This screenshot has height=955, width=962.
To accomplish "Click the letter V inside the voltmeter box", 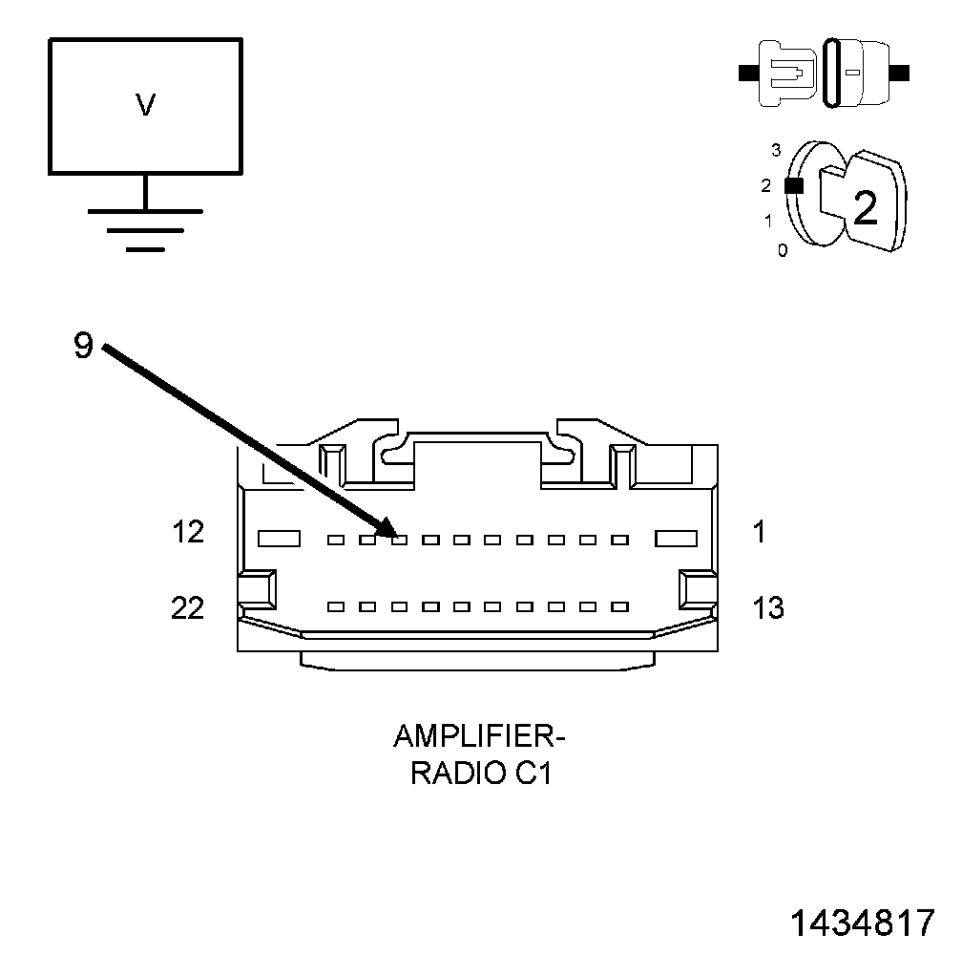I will tap(145, 105).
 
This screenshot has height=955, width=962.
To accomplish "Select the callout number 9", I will tap(84, 346).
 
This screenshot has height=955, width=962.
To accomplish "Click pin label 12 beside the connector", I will tap(189, 532).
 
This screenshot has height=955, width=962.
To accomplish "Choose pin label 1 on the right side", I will tap(759, 532).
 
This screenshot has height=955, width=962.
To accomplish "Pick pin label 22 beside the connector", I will tap(188, 607).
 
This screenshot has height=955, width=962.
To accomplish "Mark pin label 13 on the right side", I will tap(766, 607).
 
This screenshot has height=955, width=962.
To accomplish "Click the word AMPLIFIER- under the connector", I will tap(480, 737).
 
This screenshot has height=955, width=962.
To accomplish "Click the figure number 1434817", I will tap(861, 923).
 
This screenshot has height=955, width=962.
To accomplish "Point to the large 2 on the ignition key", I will tap(865, 207).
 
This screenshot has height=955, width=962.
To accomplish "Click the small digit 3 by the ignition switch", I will tap(776, 150).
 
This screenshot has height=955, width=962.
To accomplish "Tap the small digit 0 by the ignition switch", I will tap(783, 250).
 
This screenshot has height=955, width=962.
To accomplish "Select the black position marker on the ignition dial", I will tap(793, 186).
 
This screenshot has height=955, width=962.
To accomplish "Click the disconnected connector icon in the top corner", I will tap(826, 72).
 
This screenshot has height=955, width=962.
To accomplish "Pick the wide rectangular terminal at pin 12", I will tap(280, 539).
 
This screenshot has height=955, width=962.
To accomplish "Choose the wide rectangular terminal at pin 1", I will tap(676, 539).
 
